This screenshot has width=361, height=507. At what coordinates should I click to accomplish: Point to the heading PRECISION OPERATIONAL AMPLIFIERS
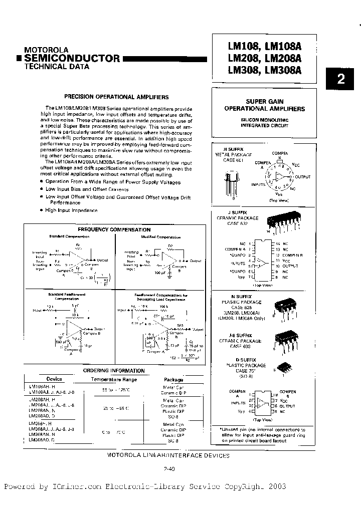pyautogui.click(x=116, y=97)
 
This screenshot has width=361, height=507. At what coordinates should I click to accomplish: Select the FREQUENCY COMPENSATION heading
pyautogui.click(x=114, y=230)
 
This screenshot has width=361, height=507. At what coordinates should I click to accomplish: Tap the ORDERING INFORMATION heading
pyautogui.click(x=113, y=371)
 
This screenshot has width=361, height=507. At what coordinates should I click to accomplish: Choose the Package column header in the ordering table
pyautogui.click(x=174, y=379)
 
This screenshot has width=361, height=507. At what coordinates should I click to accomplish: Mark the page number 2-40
pyautogui.click(x=169, y=469)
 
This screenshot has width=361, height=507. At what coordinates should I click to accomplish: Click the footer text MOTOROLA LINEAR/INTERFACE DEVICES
pyautogui.click(x=168, y=455)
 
